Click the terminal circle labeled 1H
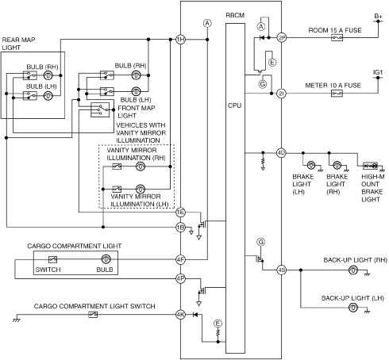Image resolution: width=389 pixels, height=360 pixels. pos(180,40)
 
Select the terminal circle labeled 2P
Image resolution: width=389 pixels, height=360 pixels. pos(281,38)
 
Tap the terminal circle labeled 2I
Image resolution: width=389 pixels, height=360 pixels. pos(281,94)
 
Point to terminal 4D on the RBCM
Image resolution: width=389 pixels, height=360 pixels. pos(281,153)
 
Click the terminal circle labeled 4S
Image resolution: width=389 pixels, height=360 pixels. pos(281,270)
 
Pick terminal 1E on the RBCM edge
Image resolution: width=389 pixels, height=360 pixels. pos(180,212)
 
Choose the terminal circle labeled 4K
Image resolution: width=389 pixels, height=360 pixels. pos(180,315)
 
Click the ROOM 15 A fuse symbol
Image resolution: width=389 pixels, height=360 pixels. pos(337,38)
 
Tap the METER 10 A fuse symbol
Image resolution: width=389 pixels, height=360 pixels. pos(337,94)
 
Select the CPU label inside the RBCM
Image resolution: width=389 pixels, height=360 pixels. pos(235,105)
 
